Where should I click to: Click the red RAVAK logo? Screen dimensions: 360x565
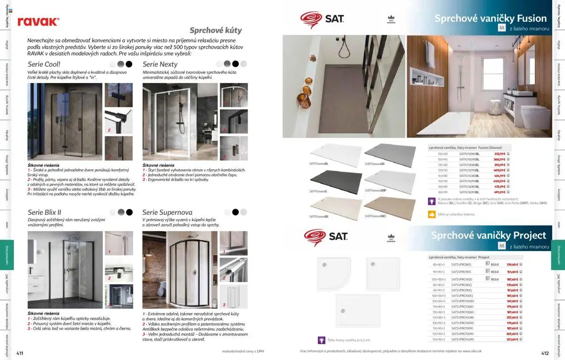click(x=38, y=22)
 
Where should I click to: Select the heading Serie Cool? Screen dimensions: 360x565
click(x=44, y=64)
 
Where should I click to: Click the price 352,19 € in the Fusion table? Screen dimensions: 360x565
click(x=499, y=154)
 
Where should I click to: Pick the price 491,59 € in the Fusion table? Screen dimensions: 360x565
click(x=499, y=192)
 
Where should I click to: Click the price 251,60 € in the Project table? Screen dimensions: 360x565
click(x=512, y=339)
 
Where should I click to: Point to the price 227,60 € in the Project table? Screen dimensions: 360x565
click(x=512, y=318)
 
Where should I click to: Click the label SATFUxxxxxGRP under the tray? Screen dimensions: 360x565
click(x=376, y=191)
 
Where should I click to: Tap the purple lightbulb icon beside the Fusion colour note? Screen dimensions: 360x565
click(x=432, y=201)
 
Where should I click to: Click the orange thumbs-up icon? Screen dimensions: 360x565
click(x=432, y=214)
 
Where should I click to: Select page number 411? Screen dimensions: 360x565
click(x=20, y=353)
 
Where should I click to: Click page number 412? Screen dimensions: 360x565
click(x=545, y=353)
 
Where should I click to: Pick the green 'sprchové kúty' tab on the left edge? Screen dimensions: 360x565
click(x=7, y=255)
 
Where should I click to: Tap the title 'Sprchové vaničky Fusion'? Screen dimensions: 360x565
click(x=490, y=19)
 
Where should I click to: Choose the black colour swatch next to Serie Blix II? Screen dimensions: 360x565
click(x=129, y=212)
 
